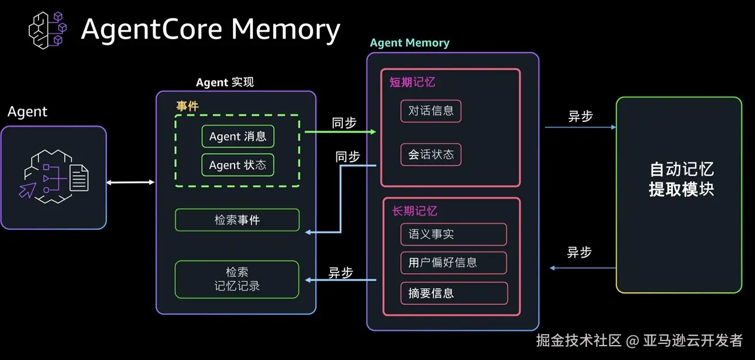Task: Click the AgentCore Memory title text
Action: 210,29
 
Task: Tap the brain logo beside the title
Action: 48,29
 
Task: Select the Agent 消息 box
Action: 237,136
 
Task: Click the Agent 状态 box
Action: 237,165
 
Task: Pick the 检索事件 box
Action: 237,220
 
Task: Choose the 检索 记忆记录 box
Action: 237,279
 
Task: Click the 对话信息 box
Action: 431,111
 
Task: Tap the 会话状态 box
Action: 431,154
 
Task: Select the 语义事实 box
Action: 453,234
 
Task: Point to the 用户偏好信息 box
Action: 453,262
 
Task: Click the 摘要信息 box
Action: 453,293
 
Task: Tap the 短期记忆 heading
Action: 412,82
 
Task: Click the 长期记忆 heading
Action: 415,211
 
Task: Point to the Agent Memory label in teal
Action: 409,43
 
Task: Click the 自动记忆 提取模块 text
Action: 681,179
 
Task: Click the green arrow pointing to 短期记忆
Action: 339,132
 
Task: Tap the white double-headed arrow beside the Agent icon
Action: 131,182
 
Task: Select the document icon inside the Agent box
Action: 79,178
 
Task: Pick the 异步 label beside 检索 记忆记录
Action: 340,273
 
